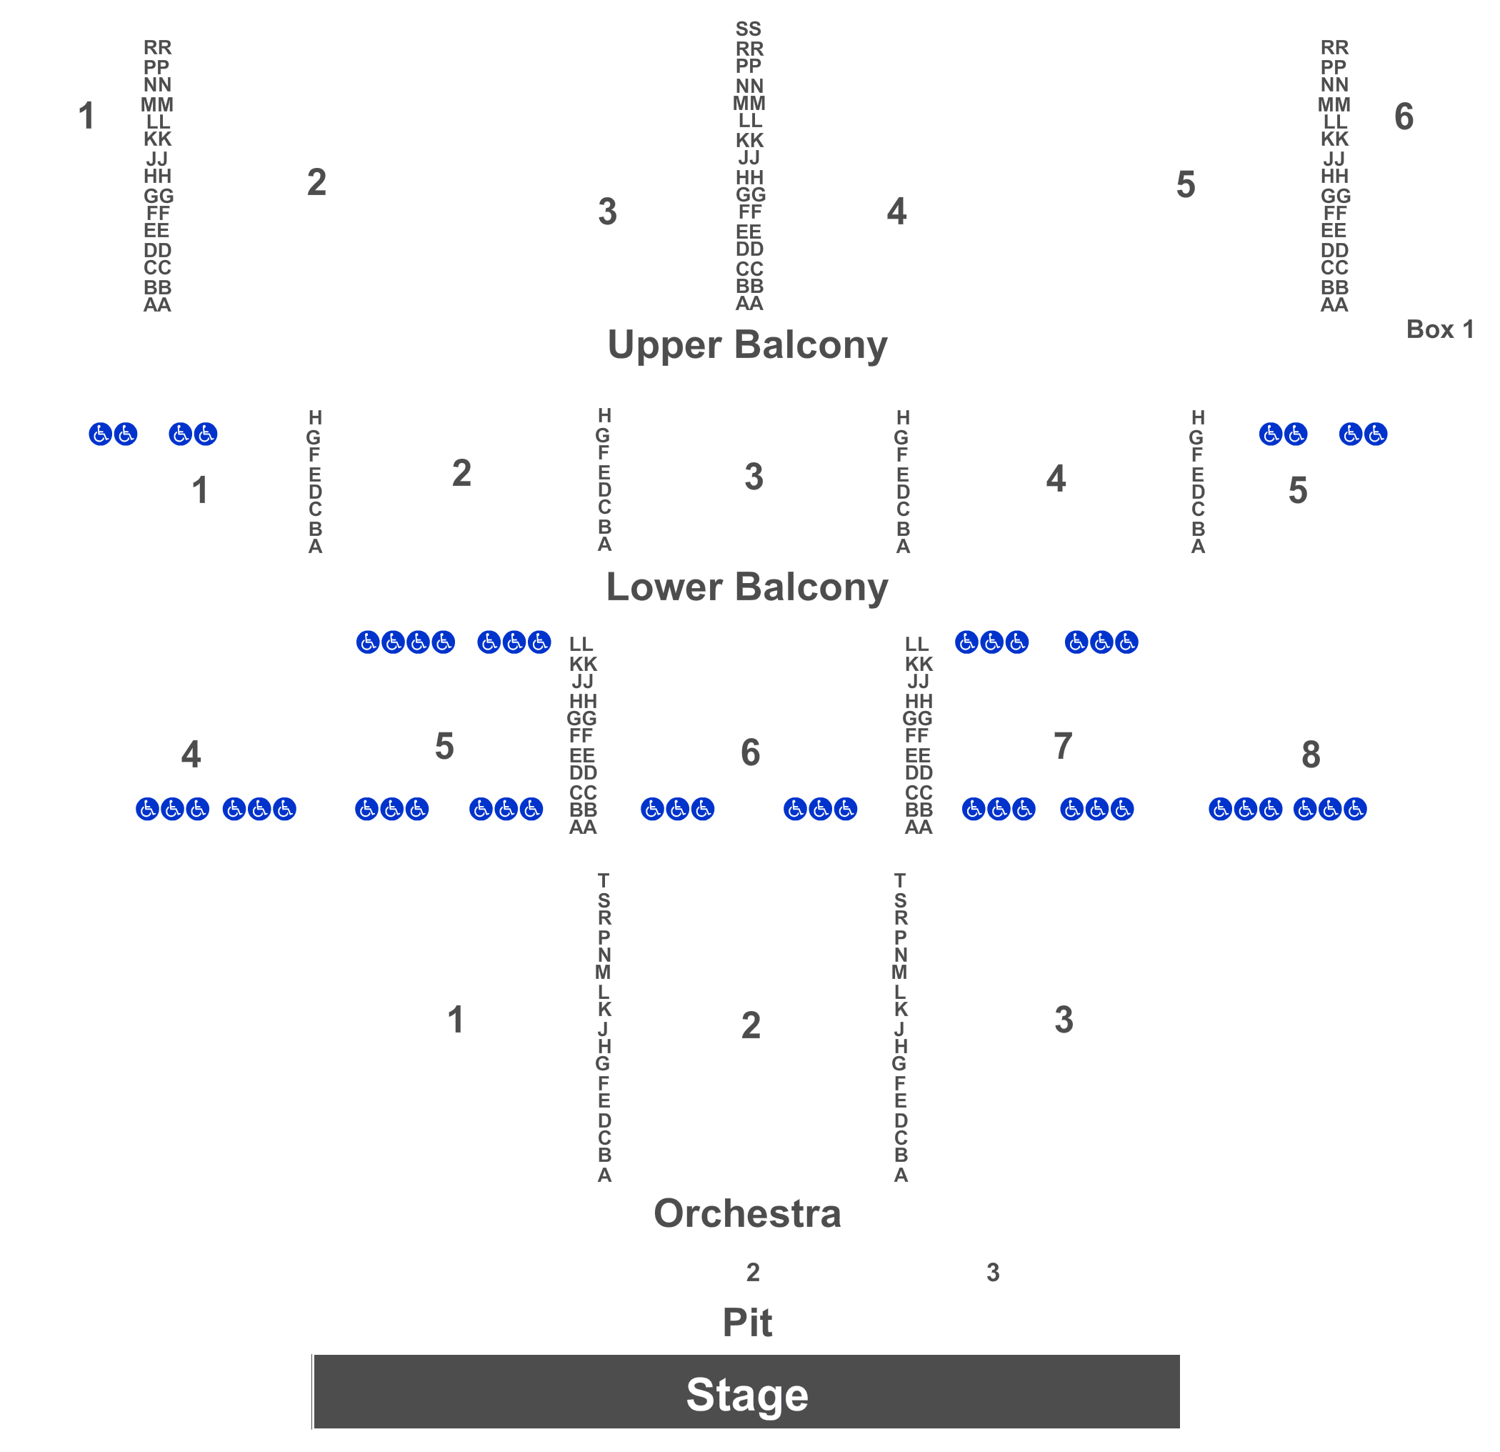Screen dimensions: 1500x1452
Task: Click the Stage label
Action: pos(747,1395)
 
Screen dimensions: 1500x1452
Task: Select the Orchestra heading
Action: pos(748,1213)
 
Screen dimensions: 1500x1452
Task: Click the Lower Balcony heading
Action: pos(747,587)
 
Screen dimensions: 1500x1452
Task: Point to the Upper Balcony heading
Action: pos(748,344)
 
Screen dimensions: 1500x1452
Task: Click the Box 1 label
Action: pos(1439,329)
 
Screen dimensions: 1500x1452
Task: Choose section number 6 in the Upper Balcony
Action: pos(1404,116)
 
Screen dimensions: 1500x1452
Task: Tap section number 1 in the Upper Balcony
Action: pos(86,116)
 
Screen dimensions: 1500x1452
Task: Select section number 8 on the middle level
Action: pos(1311,755)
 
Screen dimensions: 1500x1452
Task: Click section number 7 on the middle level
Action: pos(1063,745)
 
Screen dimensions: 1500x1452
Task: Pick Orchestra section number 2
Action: pos(751,1025)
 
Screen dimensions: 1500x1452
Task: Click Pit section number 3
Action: pos(993,1272)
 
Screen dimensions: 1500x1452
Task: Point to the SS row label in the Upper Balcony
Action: pos(749,29)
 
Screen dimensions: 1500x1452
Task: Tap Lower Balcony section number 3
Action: pos(754,477)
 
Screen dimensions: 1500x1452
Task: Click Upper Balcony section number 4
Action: pos(896,212)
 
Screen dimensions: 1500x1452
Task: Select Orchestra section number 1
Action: pos(456,1020)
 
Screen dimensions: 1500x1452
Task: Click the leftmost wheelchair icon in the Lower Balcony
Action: pos(100,434)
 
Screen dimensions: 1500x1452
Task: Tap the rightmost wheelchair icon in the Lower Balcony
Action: pos(1375,434)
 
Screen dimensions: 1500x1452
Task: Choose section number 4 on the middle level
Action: pos(191,755)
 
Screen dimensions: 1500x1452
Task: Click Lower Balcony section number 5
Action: pos(1298,491)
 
